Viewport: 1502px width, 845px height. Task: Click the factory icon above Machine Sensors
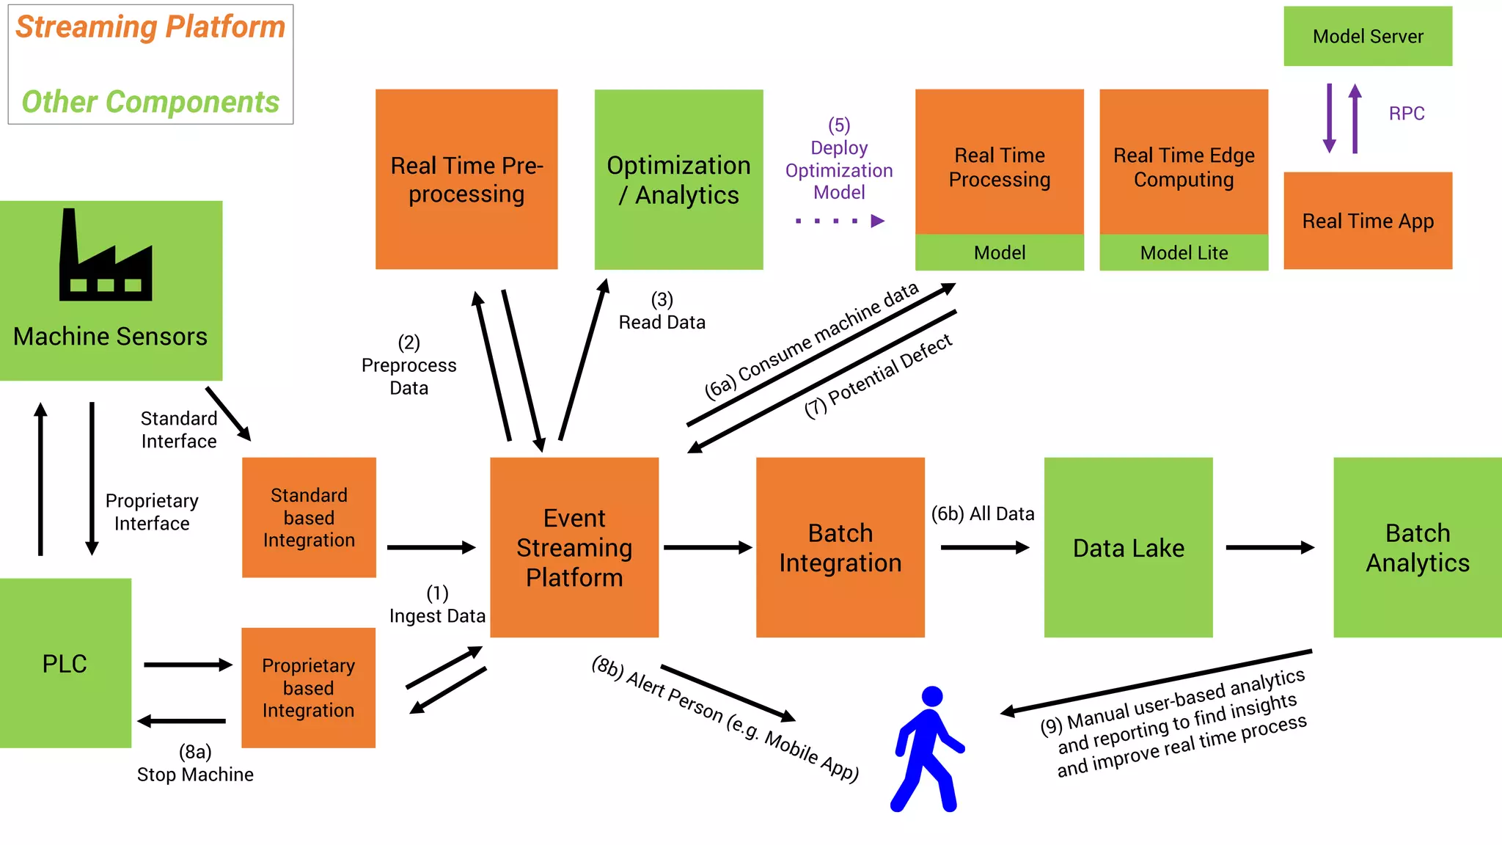point(106,257)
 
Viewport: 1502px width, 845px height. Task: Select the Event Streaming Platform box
point(574,547)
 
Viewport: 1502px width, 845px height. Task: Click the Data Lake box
point(1128,547)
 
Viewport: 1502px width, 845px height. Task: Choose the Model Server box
point(1367,36)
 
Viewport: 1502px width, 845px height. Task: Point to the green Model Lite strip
point(1184,253)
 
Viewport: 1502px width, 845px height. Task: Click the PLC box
point(65,663)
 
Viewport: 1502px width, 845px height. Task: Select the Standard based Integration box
point(309,517)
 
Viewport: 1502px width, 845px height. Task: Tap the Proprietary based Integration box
point(308,688)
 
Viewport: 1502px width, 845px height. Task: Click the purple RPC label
point(1406,114)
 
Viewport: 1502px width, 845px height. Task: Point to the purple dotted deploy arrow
point(840,221)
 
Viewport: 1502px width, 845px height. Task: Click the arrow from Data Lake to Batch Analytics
point(1270,547)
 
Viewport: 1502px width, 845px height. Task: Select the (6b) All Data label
point(983,513)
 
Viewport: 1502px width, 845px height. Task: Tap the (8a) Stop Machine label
point(195,764)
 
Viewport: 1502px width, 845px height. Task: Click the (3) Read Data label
point(662,312)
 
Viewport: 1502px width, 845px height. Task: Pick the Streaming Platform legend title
point(150,27)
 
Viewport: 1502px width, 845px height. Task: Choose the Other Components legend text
point(150,102)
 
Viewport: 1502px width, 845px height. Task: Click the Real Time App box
point(1367,221)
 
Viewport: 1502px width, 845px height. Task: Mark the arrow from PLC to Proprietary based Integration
point(188,665)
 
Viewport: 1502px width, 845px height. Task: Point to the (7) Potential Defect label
point(878,375)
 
